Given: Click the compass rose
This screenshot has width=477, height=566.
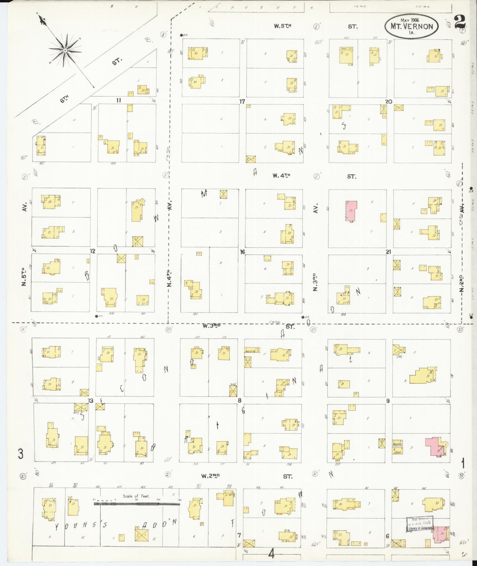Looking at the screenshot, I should pyautogui.click(x=65, y=50).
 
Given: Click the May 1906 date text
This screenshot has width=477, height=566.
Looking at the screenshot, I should pyautogui.click(x=410, y=20).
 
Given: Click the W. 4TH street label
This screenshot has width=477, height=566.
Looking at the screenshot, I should pyautogui.click(x=281, y=176).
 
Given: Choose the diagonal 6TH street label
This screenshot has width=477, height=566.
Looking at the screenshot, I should pyautogui.click(x=65, y=99).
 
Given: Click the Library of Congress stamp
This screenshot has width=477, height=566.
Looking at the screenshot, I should pyautogui.click(x=420, y=524).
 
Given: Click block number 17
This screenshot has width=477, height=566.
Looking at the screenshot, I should pyautogui.click(x=242, y=101).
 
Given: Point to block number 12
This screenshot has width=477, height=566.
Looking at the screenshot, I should pyautogui.click(x=93, y=251).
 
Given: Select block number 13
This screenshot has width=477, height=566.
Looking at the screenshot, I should pyautogui.click(x=90, y=401).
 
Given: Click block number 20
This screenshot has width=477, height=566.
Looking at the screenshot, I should pyautogui.click(x=389, y=101).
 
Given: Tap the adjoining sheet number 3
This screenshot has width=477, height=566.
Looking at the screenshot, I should pyautogui.click(x=20, y=454).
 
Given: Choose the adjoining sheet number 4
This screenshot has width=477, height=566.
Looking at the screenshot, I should pyautogui.click(x=271, y=554).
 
